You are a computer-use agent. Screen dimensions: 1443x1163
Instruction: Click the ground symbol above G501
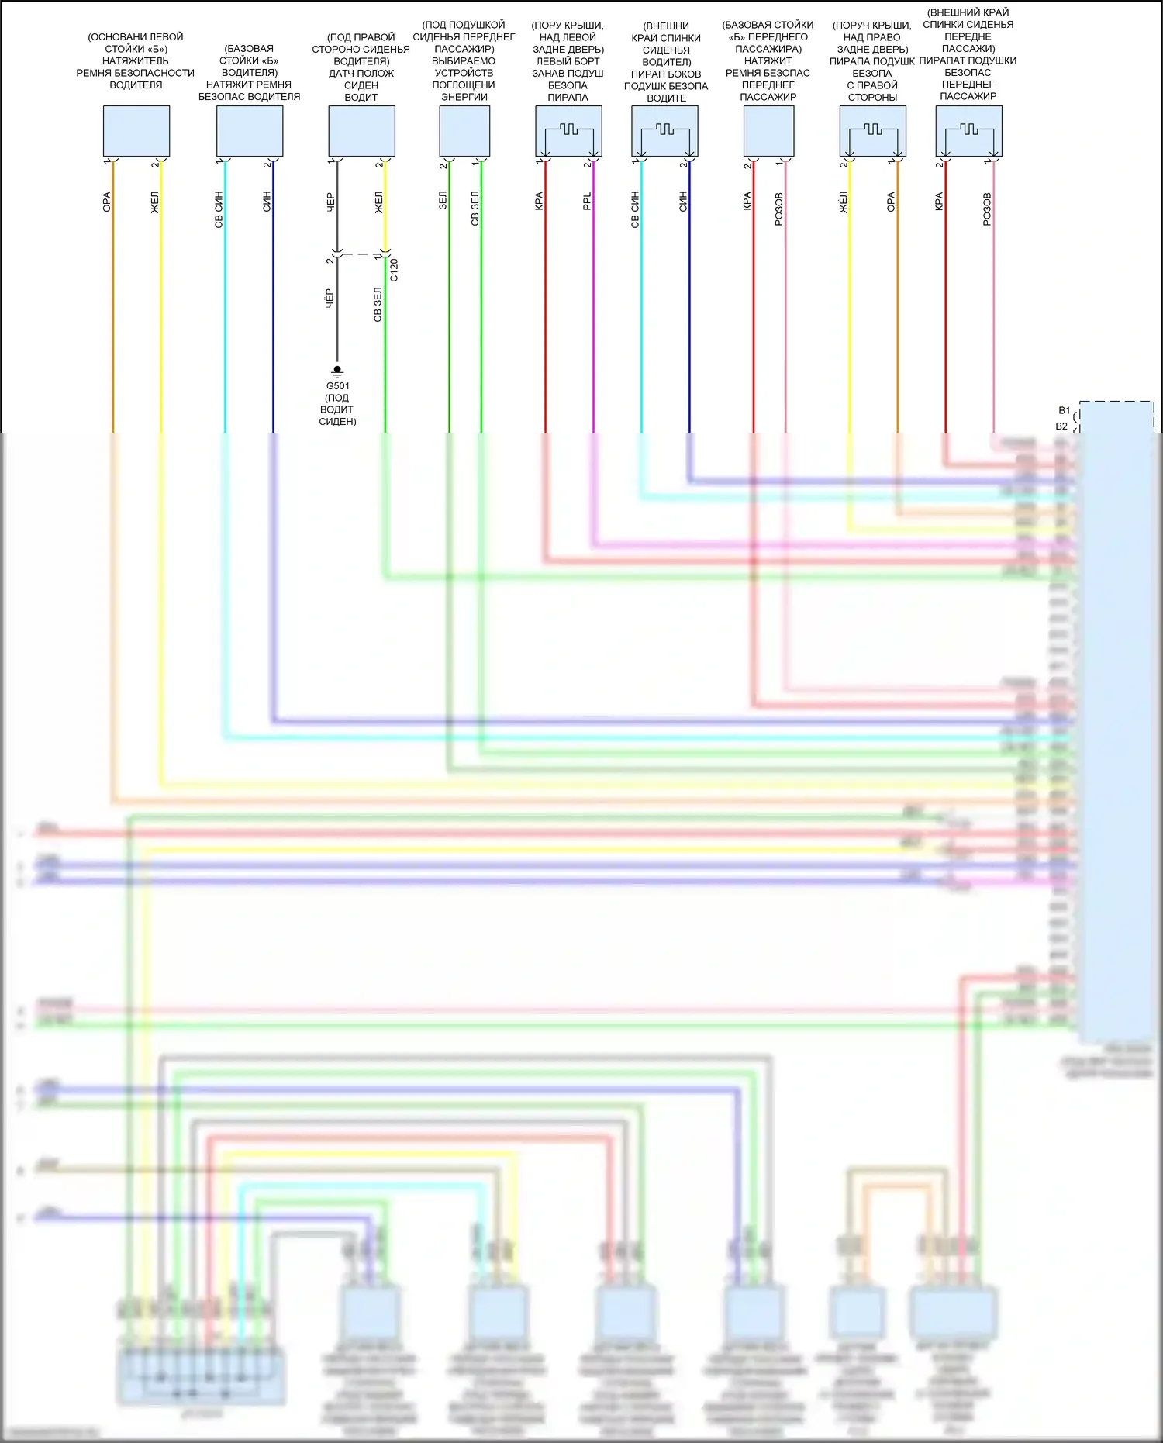pos(336,371)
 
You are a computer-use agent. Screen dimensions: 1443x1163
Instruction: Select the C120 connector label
pos(394,270)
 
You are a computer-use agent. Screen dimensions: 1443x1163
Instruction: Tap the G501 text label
pos(337,385)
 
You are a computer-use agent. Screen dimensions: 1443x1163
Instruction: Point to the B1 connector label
pos(1064,410)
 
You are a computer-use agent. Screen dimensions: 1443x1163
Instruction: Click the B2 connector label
pos(1061,426)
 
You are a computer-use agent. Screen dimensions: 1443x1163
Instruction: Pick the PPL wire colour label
pos(587,202)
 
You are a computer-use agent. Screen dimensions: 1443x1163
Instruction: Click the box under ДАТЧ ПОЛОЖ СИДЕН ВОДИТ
pos(361,131)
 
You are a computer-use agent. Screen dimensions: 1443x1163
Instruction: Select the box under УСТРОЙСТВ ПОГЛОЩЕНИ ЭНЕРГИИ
pos(464,131)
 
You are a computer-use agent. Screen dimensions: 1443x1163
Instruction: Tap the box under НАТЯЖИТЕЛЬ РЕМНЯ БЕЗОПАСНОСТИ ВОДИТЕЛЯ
pos(136,131)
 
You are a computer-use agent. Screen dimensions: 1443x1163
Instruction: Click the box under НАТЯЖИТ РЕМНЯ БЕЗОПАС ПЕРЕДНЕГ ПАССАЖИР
pos(768,131)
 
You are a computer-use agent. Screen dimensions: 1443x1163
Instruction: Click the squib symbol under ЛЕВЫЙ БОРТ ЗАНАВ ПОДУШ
pos(568,131)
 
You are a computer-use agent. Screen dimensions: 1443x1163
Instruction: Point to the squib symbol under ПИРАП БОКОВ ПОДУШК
pos(664,131)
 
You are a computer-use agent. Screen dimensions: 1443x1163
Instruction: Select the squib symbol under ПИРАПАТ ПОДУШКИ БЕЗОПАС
pos(968,131)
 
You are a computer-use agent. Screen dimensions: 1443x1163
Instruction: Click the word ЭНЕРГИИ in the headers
pos(464,97)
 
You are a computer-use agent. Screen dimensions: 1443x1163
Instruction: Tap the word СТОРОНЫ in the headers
pos(872,97)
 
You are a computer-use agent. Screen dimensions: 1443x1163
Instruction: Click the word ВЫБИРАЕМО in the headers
pos(464,60)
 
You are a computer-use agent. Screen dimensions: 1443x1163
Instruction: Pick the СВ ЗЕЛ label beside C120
pos(378,305)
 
